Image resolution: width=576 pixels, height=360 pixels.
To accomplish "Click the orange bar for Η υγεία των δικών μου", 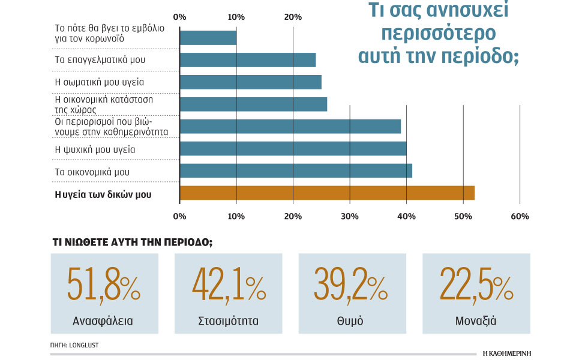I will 327,193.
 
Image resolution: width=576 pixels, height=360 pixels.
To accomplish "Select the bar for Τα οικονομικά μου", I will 296,170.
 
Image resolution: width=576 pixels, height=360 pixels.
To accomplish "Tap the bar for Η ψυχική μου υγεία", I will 293,148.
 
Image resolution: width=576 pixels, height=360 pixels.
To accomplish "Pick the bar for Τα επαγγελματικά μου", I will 247,59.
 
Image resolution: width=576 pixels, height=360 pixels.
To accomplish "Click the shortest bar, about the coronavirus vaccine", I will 208,37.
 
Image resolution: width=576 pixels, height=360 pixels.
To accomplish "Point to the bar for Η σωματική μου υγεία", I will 250,82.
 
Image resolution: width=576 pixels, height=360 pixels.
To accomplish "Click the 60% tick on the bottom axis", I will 520,216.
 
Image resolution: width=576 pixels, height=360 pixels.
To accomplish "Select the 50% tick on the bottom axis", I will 463,216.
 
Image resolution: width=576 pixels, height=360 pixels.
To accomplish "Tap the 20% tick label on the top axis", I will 293,16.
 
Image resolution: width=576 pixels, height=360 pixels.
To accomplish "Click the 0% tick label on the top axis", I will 179,16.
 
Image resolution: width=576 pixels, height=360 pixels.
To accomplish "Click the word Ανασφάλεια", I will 104,320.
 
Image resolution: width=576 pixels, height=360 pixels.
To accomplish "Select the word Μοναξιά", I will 476,320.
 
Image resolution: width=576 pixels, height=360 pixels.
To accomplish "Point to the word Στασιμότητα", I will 228,320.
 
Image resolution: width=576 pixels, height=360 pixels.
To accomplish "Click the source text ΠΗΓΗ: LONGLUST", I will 74,346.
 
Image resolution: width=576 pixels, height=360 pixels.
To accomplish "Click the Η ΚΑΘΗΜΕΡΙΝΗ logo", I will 508,353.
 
